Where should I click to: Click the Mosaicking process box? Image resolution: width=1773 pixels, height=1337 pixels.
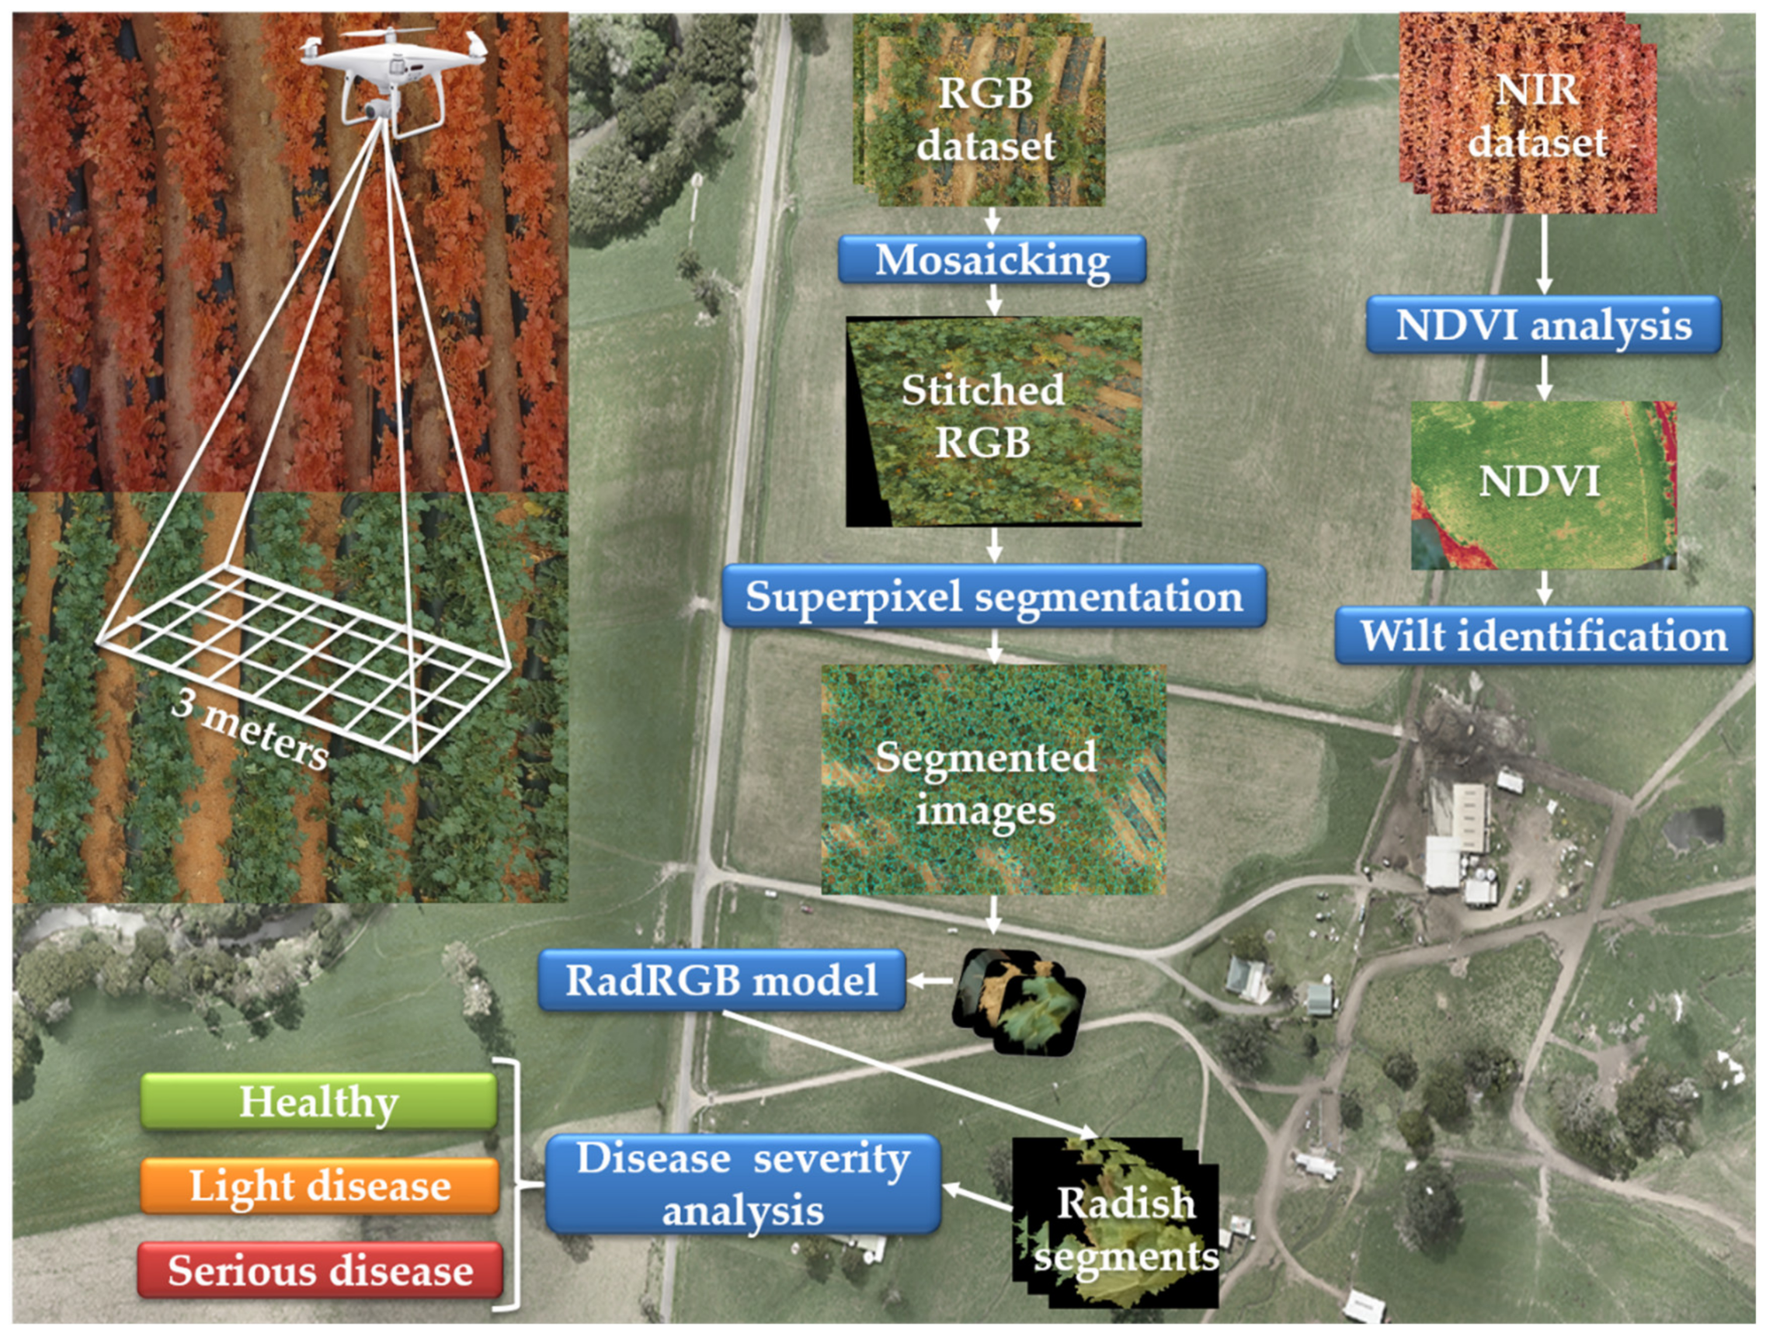(x=992, y=259)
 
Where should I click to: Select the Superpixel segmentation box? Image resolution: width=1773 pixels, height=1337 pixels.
(x=993, y=596)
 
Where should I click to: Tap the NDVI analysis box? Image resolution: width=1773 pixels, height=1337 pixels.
(x=1543, y=325)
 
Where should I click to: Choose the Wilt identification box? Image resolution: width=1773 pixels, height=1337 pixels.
(x=1543, y=636)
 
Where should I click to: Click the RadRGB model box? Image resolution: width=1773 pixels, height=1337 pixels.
(x=721, y=981)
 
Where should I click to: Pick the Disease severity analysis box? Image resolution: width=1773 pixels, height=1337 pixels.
(x=742, y=1183)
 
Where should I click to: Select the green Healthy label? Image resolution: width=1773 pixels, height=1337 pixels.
(x=319, y=1101)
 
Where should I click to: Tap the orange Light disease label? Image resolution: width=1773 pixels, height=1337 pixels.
(x=320, y=1186)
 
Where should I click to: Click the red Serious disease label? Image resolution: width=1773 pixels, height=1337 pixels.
(x=320, y=1270)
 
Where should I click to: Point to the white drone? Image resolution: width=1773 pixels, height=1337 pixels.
(x=392, y=72)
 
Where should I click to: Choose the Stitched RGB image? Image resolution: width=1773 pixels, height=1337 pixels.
(x=994, y=421)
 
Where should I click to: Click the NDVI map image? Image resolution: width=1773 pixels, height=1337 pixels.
(x=1542, y=485)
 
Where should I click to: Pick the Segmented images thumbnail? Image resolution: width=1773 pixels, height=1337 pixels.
(x=993, y=779)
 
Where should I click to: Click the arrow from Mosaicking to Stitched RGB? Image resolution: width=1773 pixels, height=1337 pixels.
(x=994, y=300)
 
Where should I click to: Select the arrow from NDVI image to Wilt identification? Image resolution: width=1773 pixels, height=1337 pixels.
(x=1544, y=589)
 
